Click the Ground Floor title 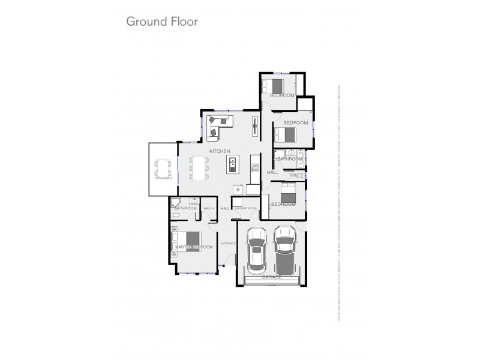tap(162, 22)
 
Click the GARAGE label tap(271, 277)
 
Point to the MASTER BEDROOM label tap(194, 247)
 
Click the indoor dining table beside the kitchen tap(198, 167)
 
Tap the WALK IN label tap(209, 208)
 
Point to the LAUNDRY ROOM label tap(245, 208)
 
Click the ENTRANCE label tap(228, 243)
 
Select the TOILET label tap(296, 175)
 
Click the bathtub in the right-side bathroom tap(301, 159)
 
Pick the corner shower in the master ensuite tap(175, 202)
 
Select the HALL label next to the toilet tap(272, 172)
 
